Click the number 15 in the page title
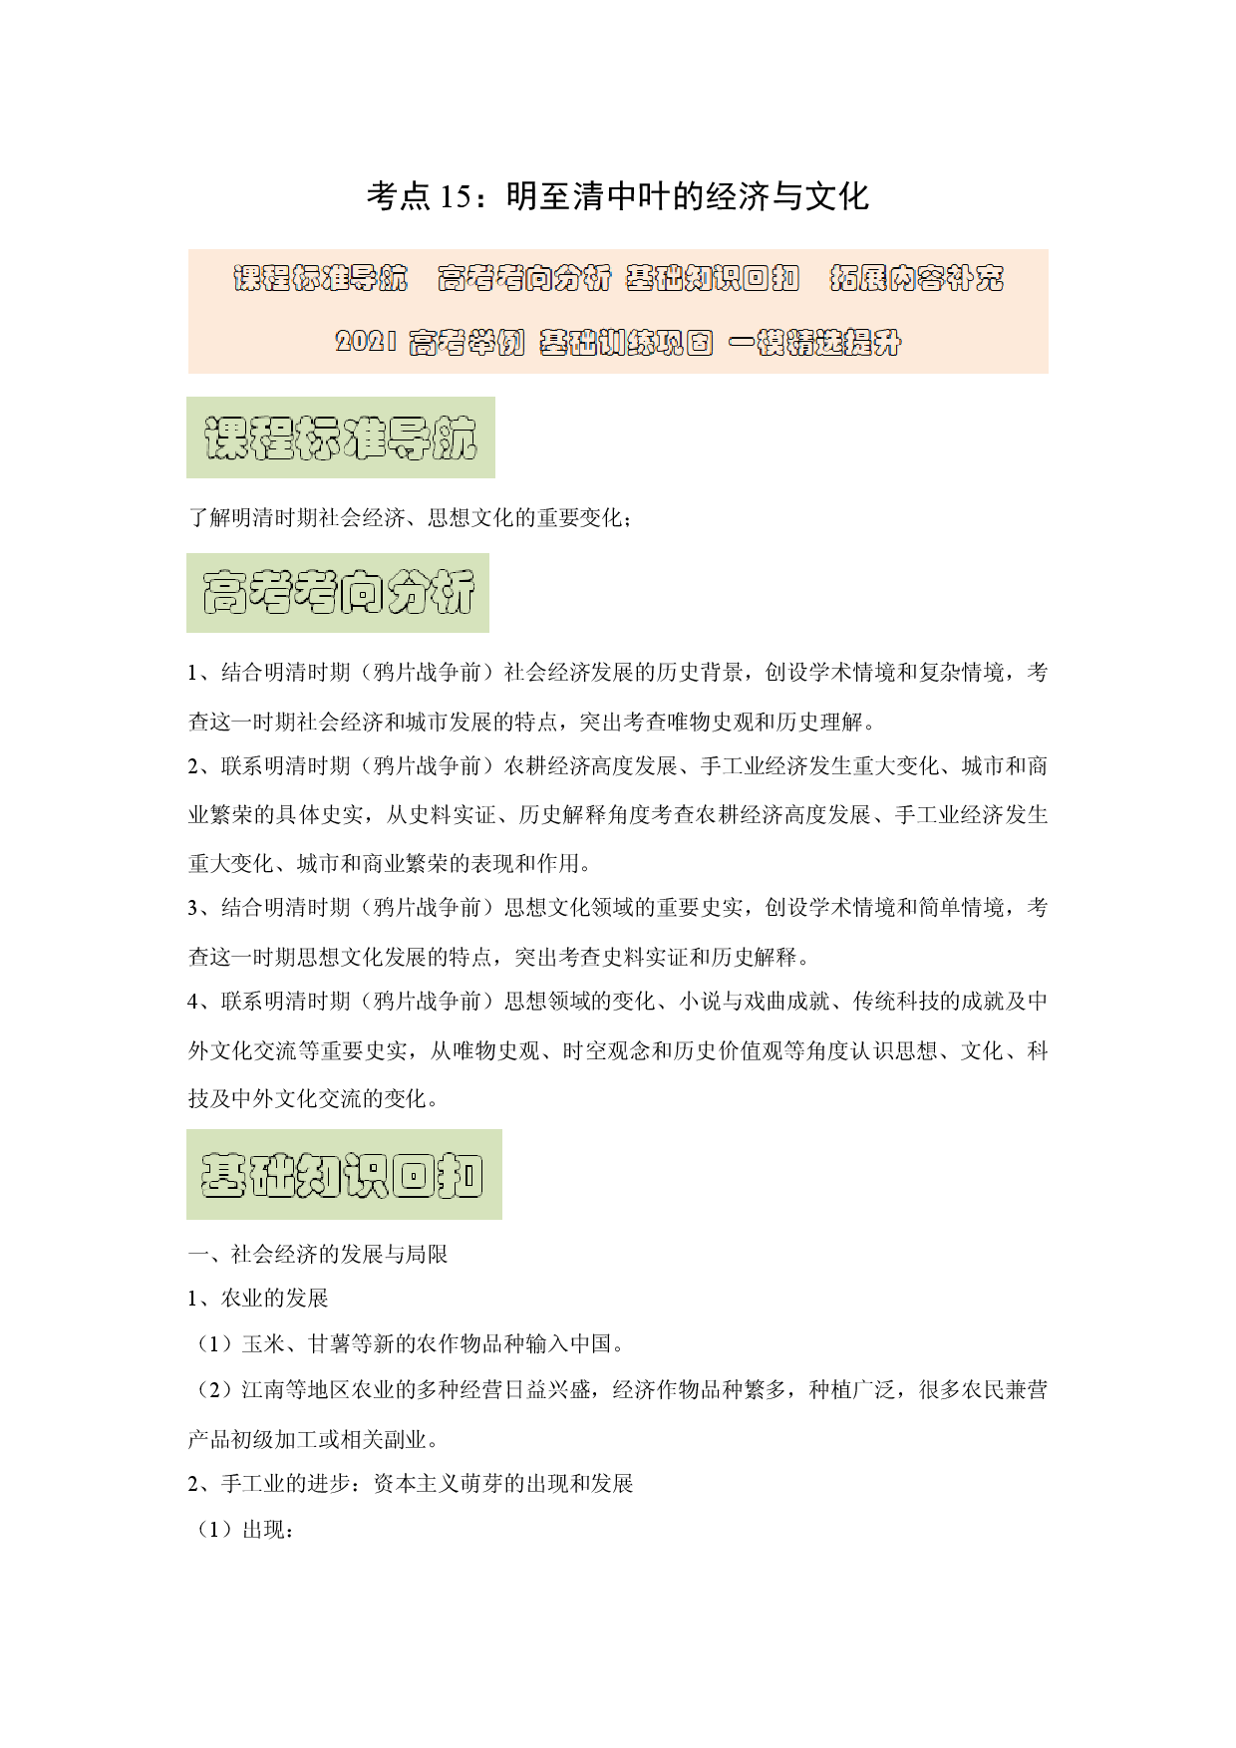click(x=455, y=196)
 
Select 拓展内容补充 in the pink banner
click(x=917, y=278)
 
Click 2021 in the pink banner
click(x=366, y=342)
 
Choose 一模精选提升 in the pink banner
click(x=815, y=343)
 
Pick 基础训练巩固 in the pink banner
click(x=626, y=343)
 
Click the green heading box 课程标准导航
click(x=341, y=437)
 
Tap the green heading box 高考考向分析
click(x=338, y=593)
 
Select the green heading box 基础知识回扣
click(x=344, y=1174)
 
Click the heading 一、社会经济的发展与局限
click(x=318, y=1254)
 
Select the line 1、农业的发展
click(x=258, y=1299)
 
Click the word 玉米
click(x=263, y=1344)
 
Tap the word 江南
click(x=263, y=1390)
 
